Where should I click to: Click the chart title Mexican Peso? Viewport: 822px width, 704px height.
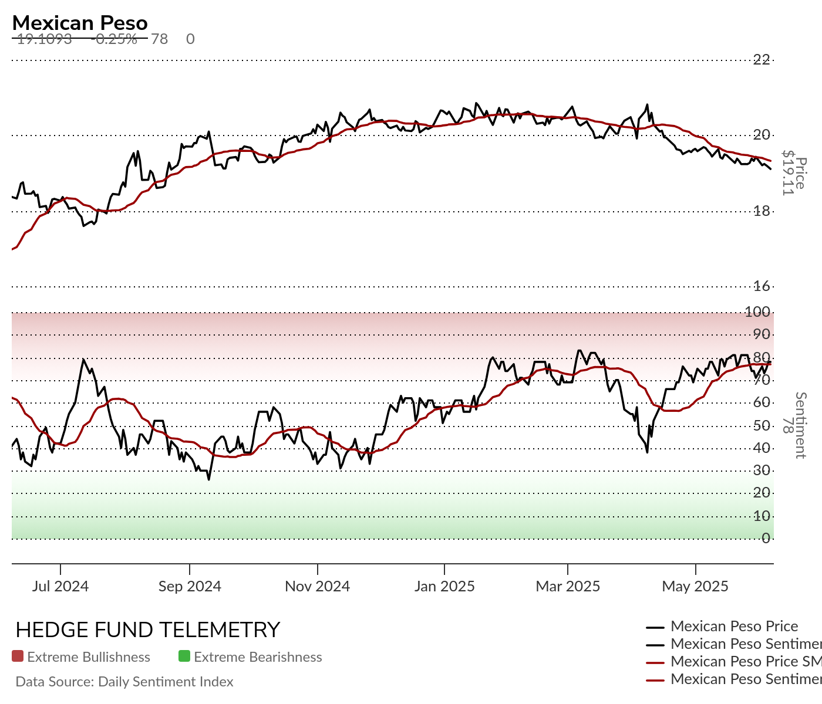pyautogui.click(x=80, y=23)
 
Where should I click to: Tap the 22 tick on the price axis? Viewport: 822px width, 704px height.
pyautogui.click(x=762, y=59)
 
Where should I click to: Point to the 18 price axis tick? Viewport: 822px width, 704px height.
pyautogui.click(x=762, y=211)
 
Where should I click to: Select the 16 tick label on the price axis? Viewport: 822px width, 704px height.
pyautogui.click(x=762, y=286)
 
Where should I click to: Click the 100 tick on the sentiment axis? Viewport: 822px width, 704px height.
pyautogui.click(x=757, y=312)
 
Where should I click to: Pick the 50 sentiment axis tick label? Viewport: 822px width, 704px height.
pyautogui.click(x=762, y=425)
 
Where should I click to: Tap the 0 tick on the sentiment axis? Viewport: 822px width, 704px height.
pyautogui.click(x=766, y=538)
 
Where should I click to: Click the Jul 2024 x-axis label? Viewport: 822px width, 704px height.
pyautogui.click(x=60, y=586)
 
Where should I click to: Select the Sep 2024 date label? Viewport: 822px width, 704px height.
pyautogui.click(x=190, y=586)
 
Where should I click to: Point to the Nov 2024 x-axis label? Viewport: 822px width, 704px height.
pyautogui.click(x=317, y=586)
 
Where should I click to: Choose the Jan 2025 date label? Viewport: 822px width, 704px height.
pyautogui.click(x=444, y=586)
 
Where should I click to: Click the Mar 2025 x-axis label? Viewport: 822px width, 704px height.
pyautogui.click(x=568, y=586)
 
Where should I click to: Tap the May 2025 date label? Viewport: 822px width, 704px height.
pyautogui.click(x=695, y=586)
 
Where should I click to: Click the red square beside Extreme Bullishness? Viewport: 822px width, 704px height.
pyautogui.click(x=18, y=656)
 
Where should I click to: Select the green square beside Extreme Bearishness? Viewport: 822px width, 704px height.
pyautogui.click(x=184, y=656)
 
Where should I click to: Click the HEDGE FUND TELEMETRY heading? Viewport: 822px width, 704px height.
pyautogui.click(x=147, y=630)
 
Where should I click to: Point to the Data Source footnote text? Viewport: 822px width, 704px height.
pyautogui.click(x=124, y=682)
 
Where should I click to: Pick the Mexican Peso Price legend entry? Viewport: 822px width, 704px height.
pyautogui.click(x=734, y=627)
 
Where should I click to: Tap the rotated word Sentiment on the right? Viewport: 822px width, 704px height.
pyautogui.click(x=800, y=425)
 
